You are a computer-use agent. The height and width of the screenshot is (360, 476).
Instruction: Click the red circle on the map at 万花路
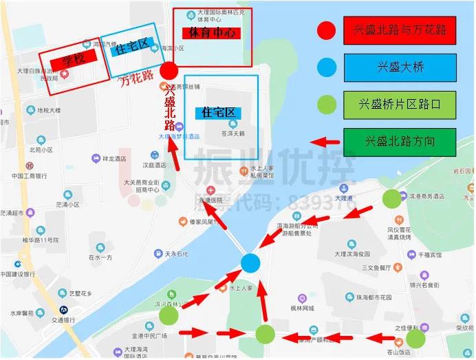169,71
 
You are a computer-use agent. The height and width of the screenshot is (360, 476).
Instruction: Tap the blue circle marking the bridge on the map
251,262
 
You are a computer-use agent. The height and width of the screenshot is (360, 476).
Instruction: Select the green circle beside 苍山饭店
415,338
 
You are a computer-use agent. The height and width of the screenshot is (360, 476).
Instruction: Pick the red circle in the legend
326,30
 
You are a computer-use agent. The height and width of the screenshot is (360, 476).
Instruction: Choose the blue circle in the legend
326,67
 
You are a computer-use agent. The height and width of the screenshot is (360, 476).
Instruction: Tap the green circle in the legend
326,105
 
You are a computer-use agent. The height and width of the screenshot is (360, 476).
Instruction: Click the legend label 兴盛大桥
400,67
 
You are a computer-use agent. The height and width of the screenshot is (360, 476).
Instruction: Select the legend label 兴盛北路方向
400,141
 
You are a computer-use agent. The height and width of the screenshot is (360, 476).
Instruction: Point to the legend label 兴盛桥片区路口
400,105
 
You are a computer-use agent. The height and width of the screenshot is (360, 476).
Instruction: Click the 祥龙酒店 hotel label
113,158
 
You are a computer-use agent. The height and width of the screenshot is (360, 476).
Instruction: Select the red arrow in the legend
326,141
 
